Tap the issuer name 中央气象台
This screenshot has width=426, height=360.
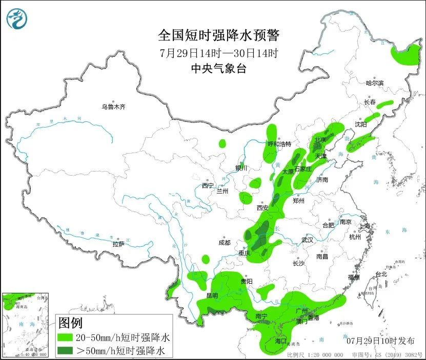(x=218, y=69)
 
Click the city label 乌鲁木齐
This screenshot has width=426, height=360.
(x=113, y=107)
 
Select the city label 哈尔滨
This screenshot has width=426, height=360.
(x=374, y=83)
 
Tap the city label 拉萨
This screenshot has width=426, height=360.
(x=118, y=244)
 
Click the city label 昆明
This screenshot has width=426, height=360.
(x=212, y=295)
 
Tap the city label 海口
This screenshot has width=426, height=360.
(x=280, y=341)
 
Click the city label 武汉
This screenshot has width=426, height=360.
(x=308, y=240)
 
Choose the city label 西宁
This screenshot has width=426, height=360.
(x=207, y=185)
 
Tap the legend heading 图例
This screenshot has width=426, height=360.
(x=70, y=324)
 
